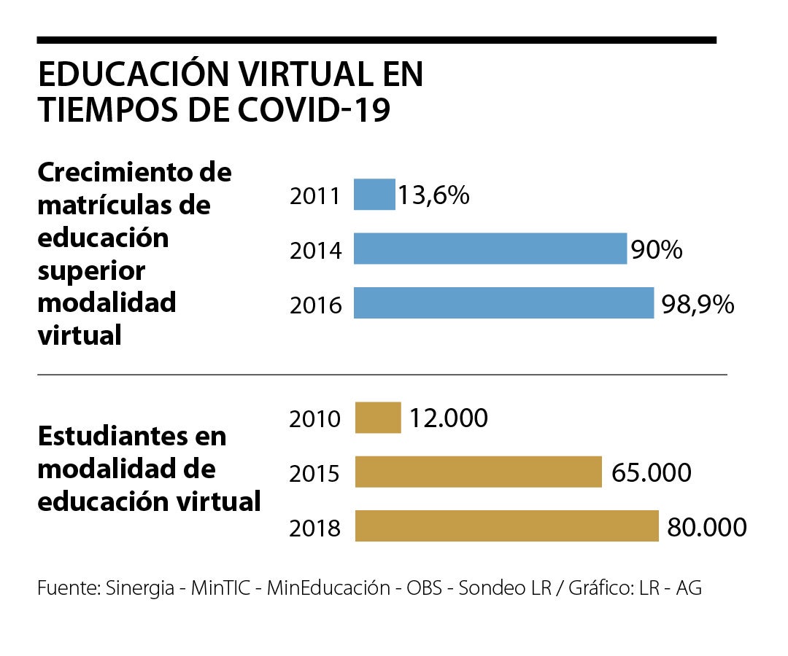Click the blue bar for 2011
pyautogui.click(x=374, y=195)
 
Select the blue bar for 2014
pyautogui.click(x=490, y=249)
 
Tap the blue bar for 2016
pyautogui.click(x=503, y=303)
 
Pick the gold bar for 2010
pyautogui.click(x=378, y=418)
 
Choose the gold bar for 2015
pyautogui.click(x=478, y=472)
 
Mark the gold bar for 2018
pyautogui.click(x=506, y=526)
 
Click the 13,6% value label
pyautogui.click(x=433, y=195)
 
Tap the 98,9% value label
pyautogui.click(x=698, y=305)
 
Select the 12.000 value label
pyautogui.click(x=448, y=418)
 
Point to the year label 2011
pyautogui.click(x=315, y=196)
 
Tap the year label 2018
pyautogui.click(x=315, y=528)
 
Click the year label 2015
pyautogui.click(x=315, y=474)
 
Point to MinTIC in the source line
pyautogui.click(x=221, y=587)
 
